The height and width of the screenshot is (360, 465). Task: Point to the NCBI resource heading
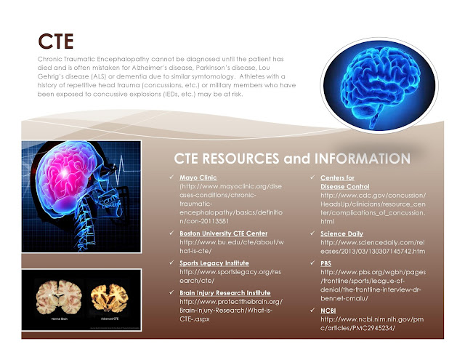(329, 311)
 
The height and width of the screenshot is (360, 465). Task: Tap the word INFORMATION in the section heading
(361, 159)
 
